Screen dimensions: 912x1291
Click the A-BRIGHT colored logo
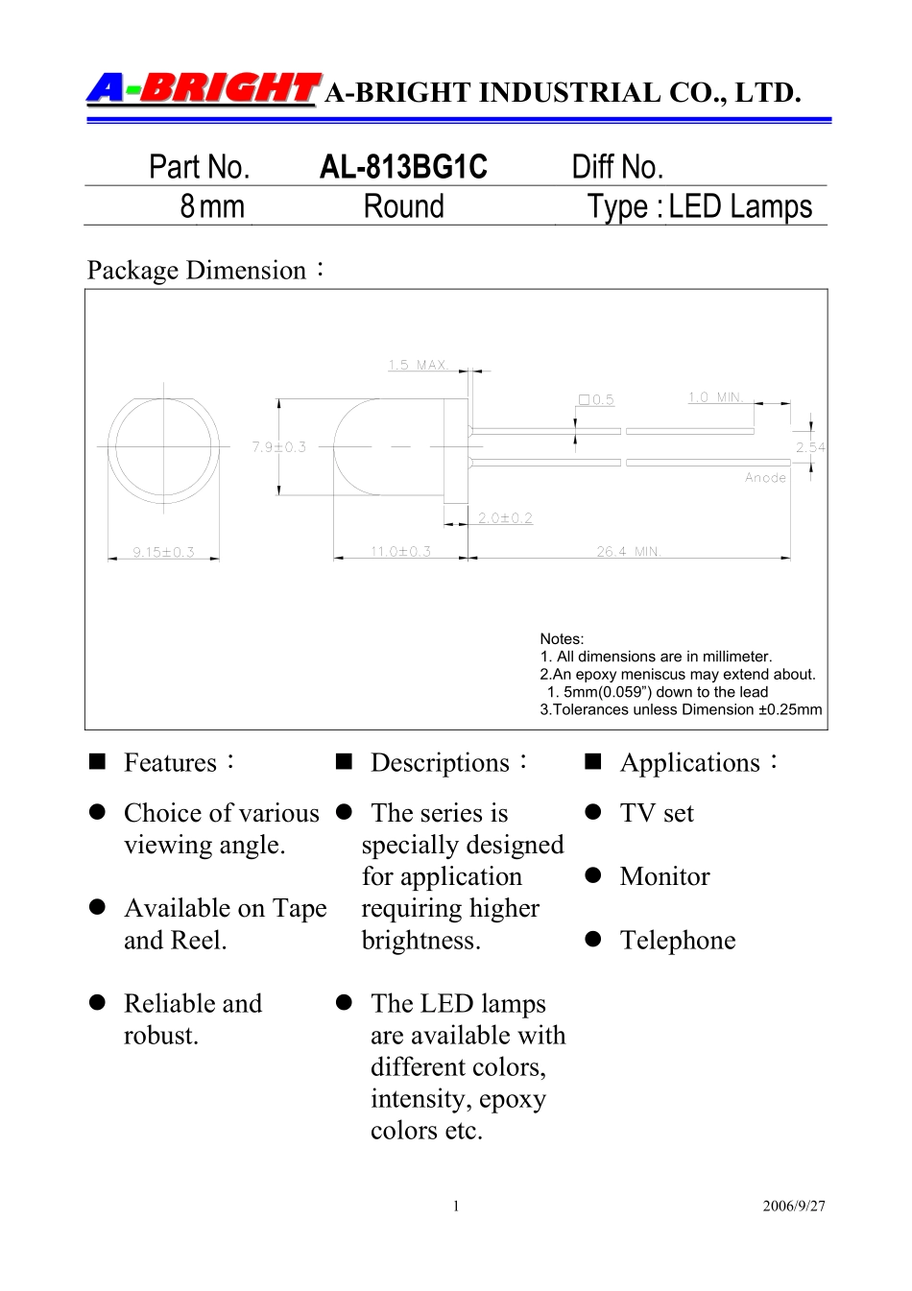(203, 89)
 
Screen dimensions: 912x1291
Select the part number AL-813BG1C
(403, 167)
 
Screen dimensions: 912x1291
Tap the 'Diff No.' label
(617, 167)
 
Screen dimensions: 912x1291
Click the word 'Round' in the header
(403, 206)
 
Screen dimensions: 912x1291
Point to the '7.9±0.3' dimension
(279, 447)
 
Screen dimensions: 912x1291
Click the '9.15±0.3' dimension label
(164, 552)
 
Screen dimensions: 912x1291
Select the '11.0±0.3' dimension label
(400, 552)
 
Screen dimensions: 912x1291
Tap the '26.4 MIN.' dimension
(629, 552)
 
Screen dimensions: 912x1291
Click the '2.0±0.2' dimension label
(505, 518)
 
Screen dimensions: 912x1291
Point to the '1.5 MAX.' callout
(419, 365)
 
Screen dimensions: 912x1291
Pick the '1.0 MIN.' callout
(716, 397)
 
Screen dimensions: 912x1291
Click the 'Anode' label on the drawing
(765, 478)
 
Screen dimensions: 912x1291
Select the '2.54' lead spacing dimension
(810, 447)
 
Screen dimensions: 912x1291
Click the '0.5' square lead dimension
(597, 400)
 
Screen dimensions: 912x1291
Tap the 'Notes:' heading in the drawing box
(562, 639)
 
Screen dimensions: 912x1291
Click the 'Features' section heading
(171, 762)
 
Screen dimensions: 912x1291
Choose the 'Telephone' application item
(678, 940)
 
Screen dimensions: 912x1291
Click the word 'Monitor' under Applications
(664, 876)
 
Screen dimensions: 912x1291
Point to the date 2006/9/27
(794, 1206)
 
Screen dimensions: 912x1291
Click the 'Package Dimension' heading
(197, 271)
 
